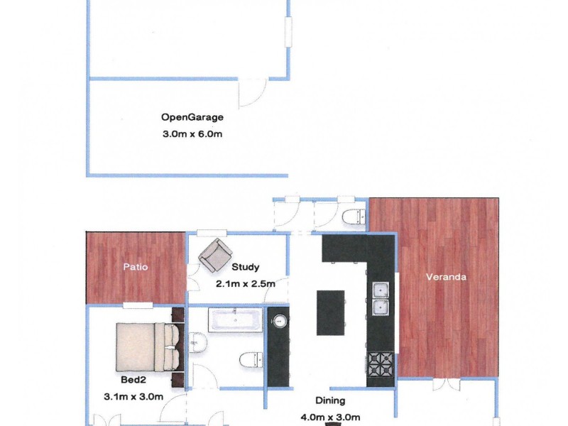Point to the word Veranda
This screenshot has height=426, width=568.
(445, 277)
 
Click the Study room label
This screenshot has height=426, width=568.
(245, 268)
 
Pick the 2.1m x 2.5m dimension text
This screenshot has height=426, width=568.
(246, 283)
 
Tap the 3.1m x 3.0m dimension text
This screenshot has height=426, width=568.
(133, 395)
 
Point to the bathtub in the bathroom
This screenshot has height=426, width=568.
(236, 321)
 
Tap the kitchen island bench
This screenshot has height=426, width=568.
(329, 312)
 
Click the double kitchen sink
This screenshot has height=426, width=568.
(381, 299)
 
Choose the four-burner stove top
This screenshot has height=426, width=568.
(380, 364)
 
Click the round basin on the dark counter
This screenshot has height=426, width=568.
(280, 321)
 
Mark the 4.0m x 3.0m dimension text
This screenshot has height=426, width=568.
(332, 417)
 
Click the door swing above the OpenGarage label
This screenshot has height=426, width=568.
(251, 93)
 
